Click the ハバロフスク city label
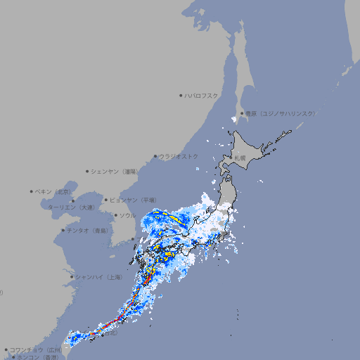tap(202, 95)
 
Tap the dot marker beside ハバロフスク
tap(181, 95)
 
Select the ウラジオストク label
tap(179, 156)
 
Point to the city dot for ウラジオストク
tap(155, 156)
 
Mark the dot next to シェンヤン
tap(87, 171)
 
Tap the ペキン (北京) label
tap(53, 191)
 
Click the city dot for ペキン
tap(32, 191)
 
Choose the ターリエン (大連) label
tap(70, 207)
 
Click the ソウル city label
tap(127, 215)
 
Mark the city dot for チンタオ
tap(63, 230)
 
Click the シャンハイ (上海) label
tap(98, 277)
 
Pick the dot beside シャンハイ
tap(72, 277)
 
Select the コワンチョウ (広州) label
tap(36, 349)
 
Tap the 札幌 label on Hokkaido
tap(240, 158)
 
